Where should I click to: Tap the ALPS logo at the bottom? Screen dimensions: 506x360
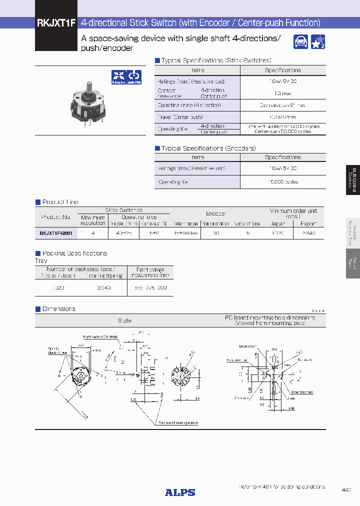tap(180, 492)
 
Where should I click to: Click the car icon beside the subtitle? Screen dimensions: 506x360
tap(300, 41)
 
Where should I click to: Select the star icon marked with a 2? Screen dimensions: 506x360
tap(318, 41)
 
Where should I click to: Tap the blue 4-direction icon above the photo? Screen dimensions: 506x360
tap(118, 77)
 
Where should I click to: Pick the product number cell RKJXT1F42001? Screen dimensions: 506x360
tap(56, 232)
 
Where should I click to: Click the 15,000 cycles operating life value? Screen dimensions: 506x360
tap(283, 182)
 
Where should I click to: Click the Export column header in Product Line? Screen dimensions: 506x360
tap(308, 224)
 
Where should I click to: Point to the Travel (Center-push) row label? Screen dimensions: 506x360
tap(182, 117)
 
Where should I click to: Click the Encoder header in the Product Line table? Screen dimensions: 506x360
tap(216, 213)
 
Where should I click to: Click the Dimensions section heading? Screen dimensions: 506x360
tap(58, 309)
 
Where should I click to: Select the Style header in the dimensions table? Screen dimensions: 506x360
tap(124, 320)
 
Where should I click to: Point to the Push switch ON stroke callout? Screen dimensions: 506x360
tap(100, 337)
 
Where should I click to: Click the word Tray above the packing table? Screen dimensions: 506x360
tap(41, 261)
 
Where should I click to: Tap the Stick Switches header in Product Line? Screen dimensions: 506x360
tap(123, 210)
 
